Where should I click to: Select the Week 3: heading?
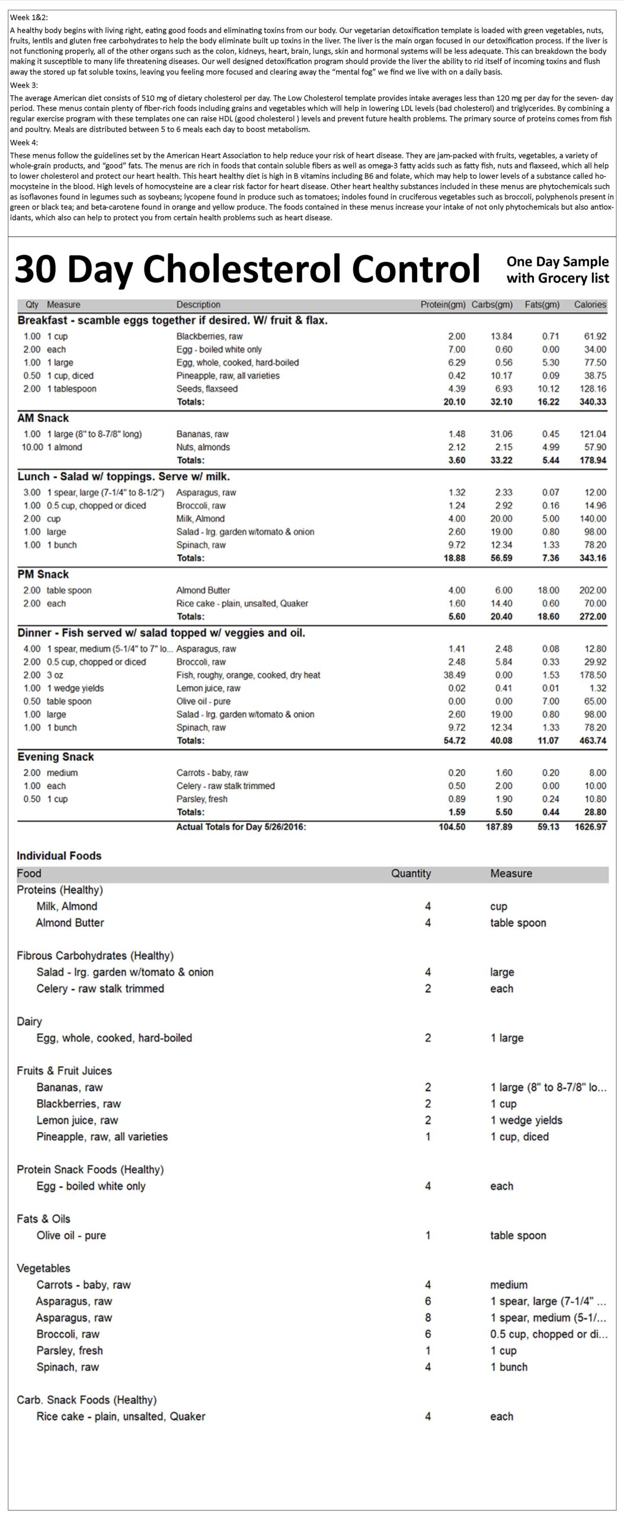point(24,85)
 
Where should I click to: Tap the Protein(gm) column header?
point(443,305)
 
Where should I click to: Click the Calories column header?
point(590,305)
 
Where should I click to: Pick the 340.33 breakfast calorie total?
point(592,402)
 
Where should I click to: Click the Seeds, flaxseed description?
point(207,389)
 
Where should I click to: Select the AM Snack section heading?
point(43,418)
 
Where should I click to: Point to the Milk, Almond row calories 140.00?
point(593,519)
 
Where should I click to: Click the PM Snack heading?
point(43,575)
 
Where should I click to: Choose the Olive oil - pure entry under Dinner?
point(203,701)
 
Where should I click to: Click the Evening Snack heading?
point(56,757)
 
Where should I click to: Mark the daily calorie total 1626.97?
point(590,827)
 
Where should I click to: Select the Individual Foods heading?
point(59,856)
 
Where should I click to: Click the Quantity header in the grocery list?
point(411,873)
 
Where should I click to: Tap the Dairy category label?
point(29,1022)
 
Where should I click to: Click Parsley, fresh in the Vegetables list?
point(69,1351)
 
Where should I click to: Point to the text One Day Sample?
point(557,261)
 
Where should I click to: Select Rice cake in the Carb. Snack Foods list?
point(120,1417)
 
